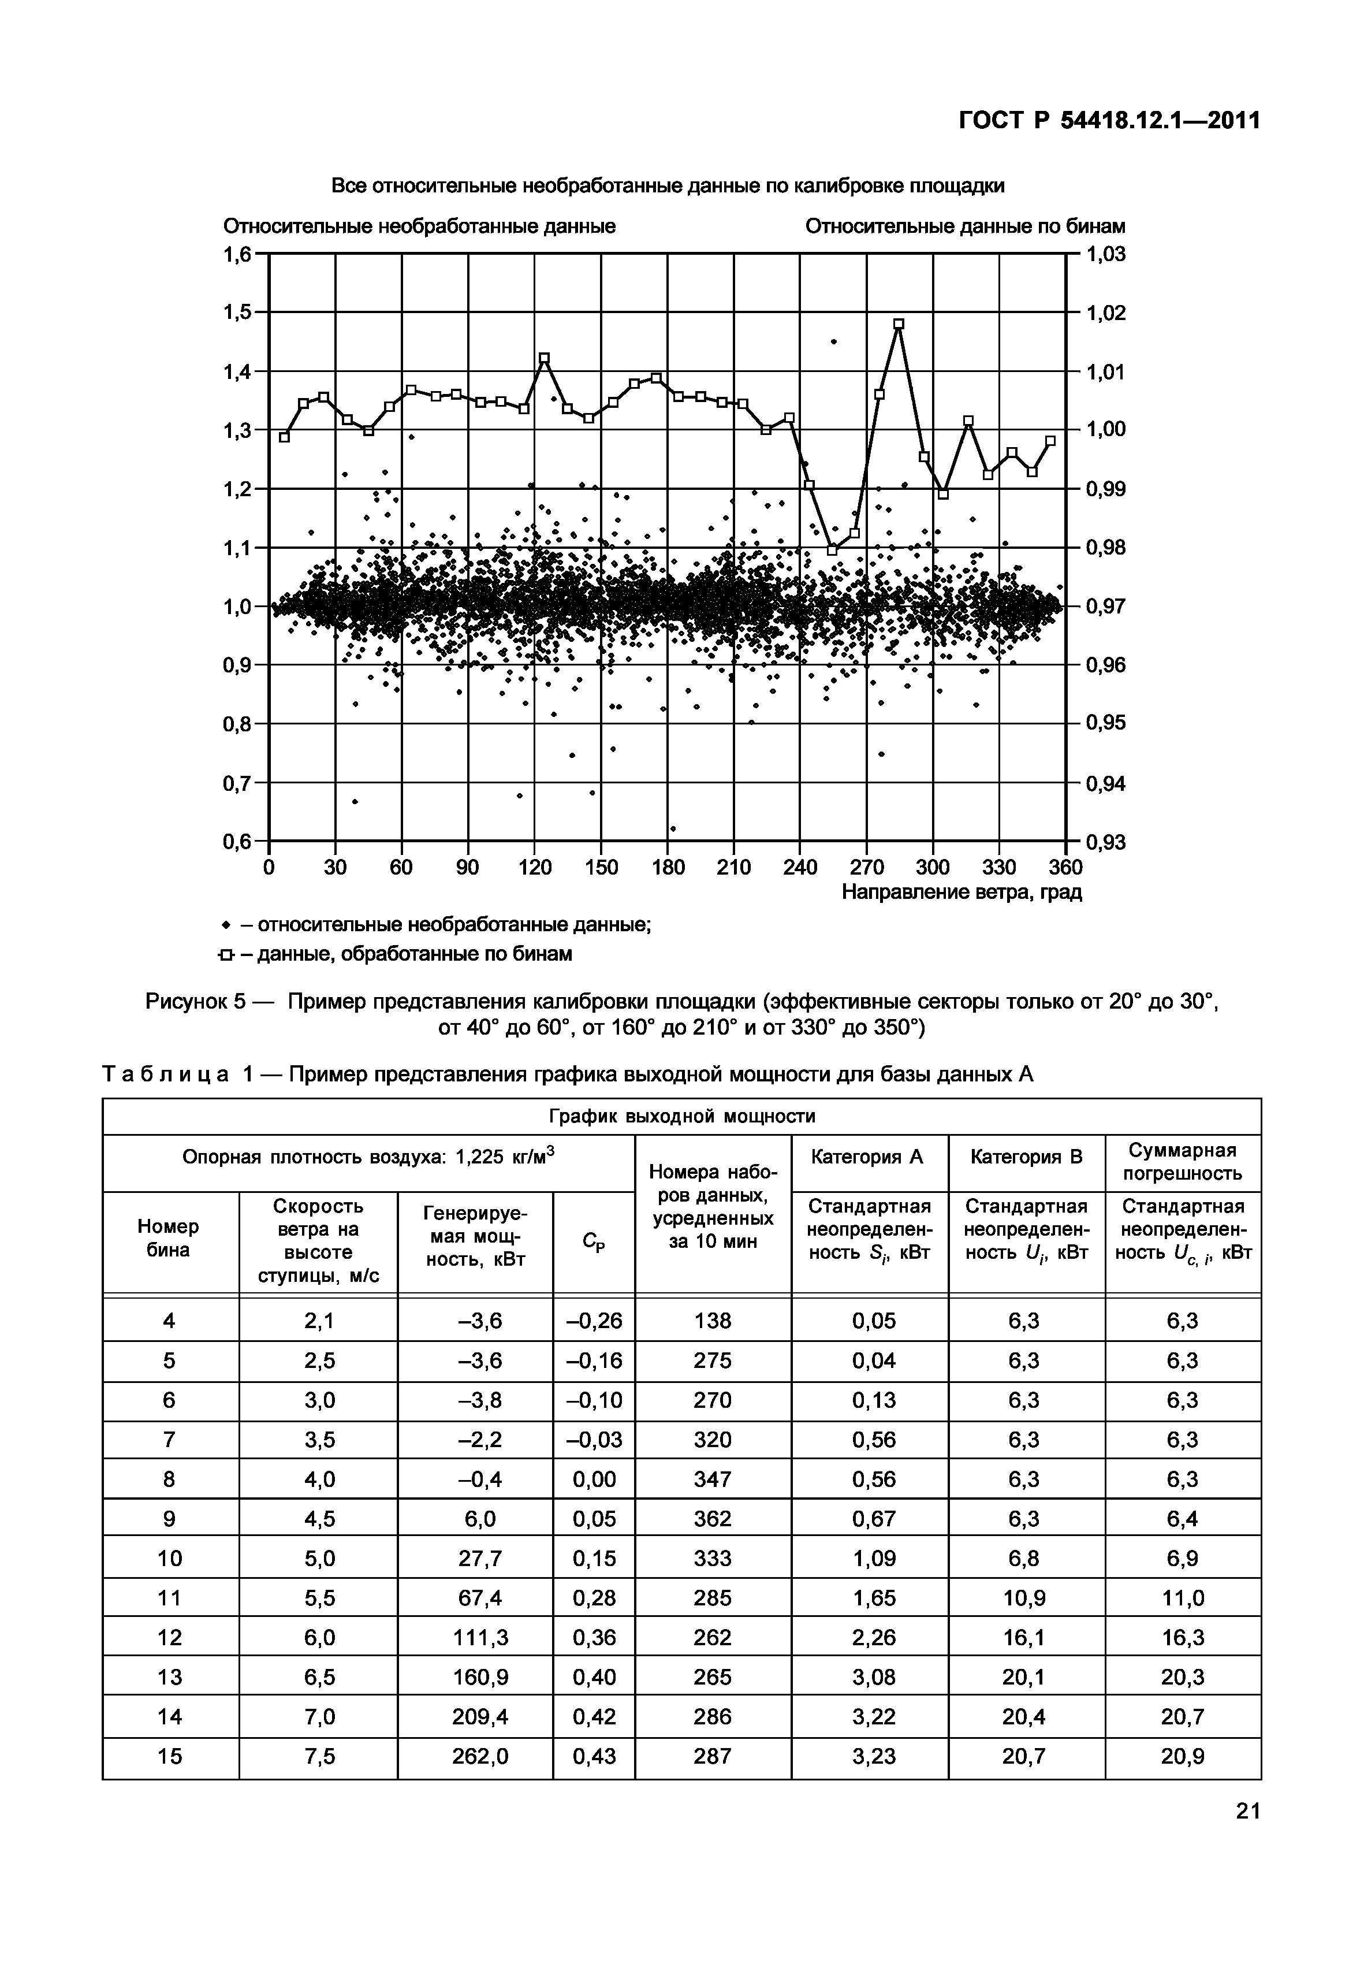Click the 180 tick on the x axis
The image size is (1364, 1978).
coord(668,868)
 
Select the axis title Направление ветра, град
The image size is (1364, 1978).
coord(961,893)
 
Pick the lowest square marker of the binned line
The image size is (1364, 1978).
coord(832,551)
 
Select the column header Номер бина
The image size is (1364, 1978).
coord(169,1238)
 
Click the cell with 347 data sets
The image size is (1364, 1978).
coord(713,1479)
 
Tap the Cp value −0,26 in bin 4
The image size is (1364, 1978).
coord(594,1321)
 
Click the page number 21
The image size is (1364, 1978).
coord(1247,1834)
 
